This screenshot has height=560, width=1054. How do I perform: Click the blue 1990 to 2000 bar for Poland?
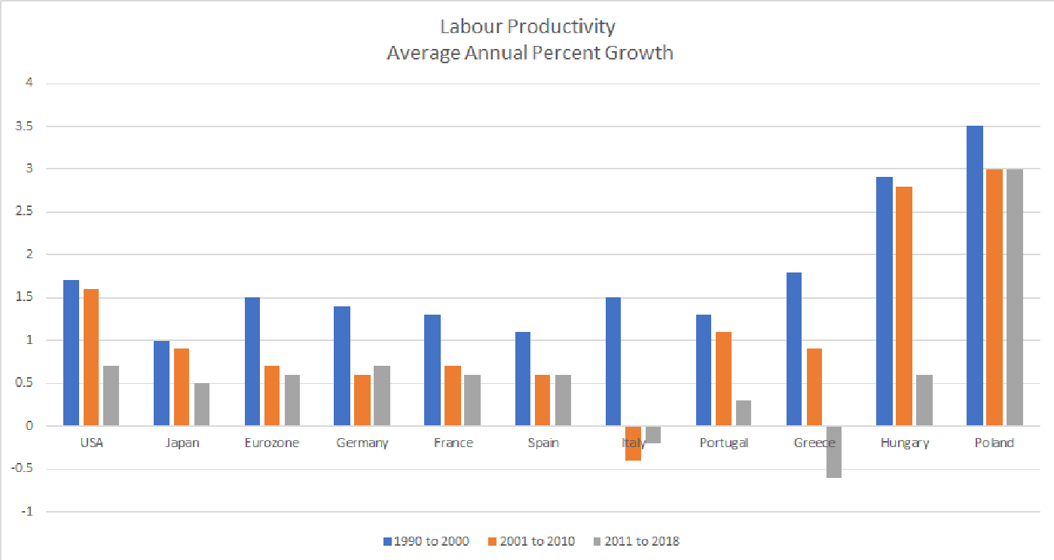pos(974,275)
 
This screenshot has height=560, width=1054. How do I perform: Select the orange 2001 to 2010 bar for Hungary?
pos(904,306)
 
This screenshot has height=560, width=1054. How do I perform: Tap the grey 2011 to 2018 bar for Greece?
pos(834,452)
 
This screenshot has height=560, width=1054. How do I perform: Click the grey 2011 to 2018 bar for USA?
pos(111,396)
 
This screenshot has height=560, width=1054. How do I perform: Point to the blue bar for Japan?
pos(161,383)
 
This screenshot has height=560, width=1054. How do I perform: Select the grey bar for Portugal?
pos(744,413)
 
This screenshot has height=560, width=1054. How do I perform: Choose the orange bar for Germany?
pos(362,400)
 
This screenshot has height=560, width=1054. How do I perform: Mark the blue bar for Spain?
pos(522,379)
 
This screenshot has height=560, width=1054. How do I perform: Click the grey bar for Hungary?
pos(924,400)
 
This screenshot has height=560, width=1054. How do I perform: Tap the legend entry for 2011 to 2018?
pos(636,541)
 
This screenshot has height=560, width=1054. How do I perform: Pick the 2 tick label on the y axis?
pos(30,254)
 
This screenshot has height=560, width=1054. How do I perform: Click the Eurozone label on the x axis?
pos(272,443)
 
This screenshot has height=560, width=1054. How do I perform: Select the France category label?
pos(453,443)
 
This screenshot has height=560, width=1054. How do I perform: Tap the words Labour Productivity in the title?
pos(527,26)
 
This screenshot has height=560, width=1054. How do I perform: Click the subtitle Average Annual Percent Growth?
pos(529,53)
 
